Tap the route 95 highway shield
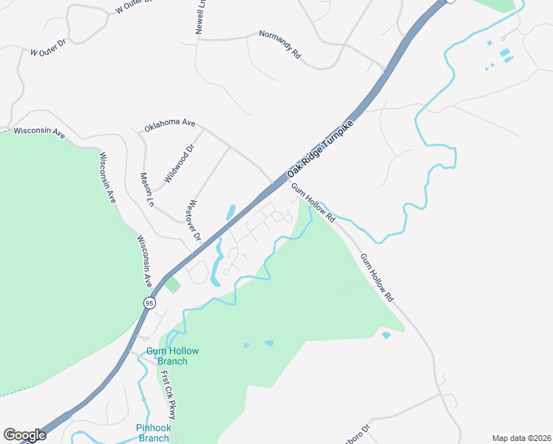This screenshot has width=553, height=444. [150, 303]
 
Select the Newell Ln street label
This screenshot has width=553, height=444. [201, 16]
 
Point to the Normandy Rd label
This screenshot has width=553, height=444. [281, 44]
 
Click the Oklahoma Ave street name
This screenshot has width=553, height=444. [169, 127]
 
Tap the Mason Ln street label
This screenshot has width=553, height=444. [147, 189]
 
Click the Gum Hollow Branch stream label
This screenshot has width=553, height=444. [167, 356]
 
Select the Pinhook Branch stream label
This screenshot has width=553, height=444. [154, 433]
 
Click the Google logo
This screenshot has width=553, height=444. [24, 435]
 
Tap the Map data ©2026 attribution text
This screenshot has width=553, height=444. [520, 437]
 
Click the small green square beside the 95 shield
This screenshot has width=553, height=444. [172, 285]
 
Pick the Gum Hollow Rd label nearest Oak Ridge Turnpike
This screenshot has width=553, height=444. [313, 203]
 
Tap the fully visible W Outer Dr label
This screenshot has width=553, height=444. [49, 53]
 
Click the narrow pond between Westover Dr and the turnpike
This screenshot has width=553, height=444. [231, 212]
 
